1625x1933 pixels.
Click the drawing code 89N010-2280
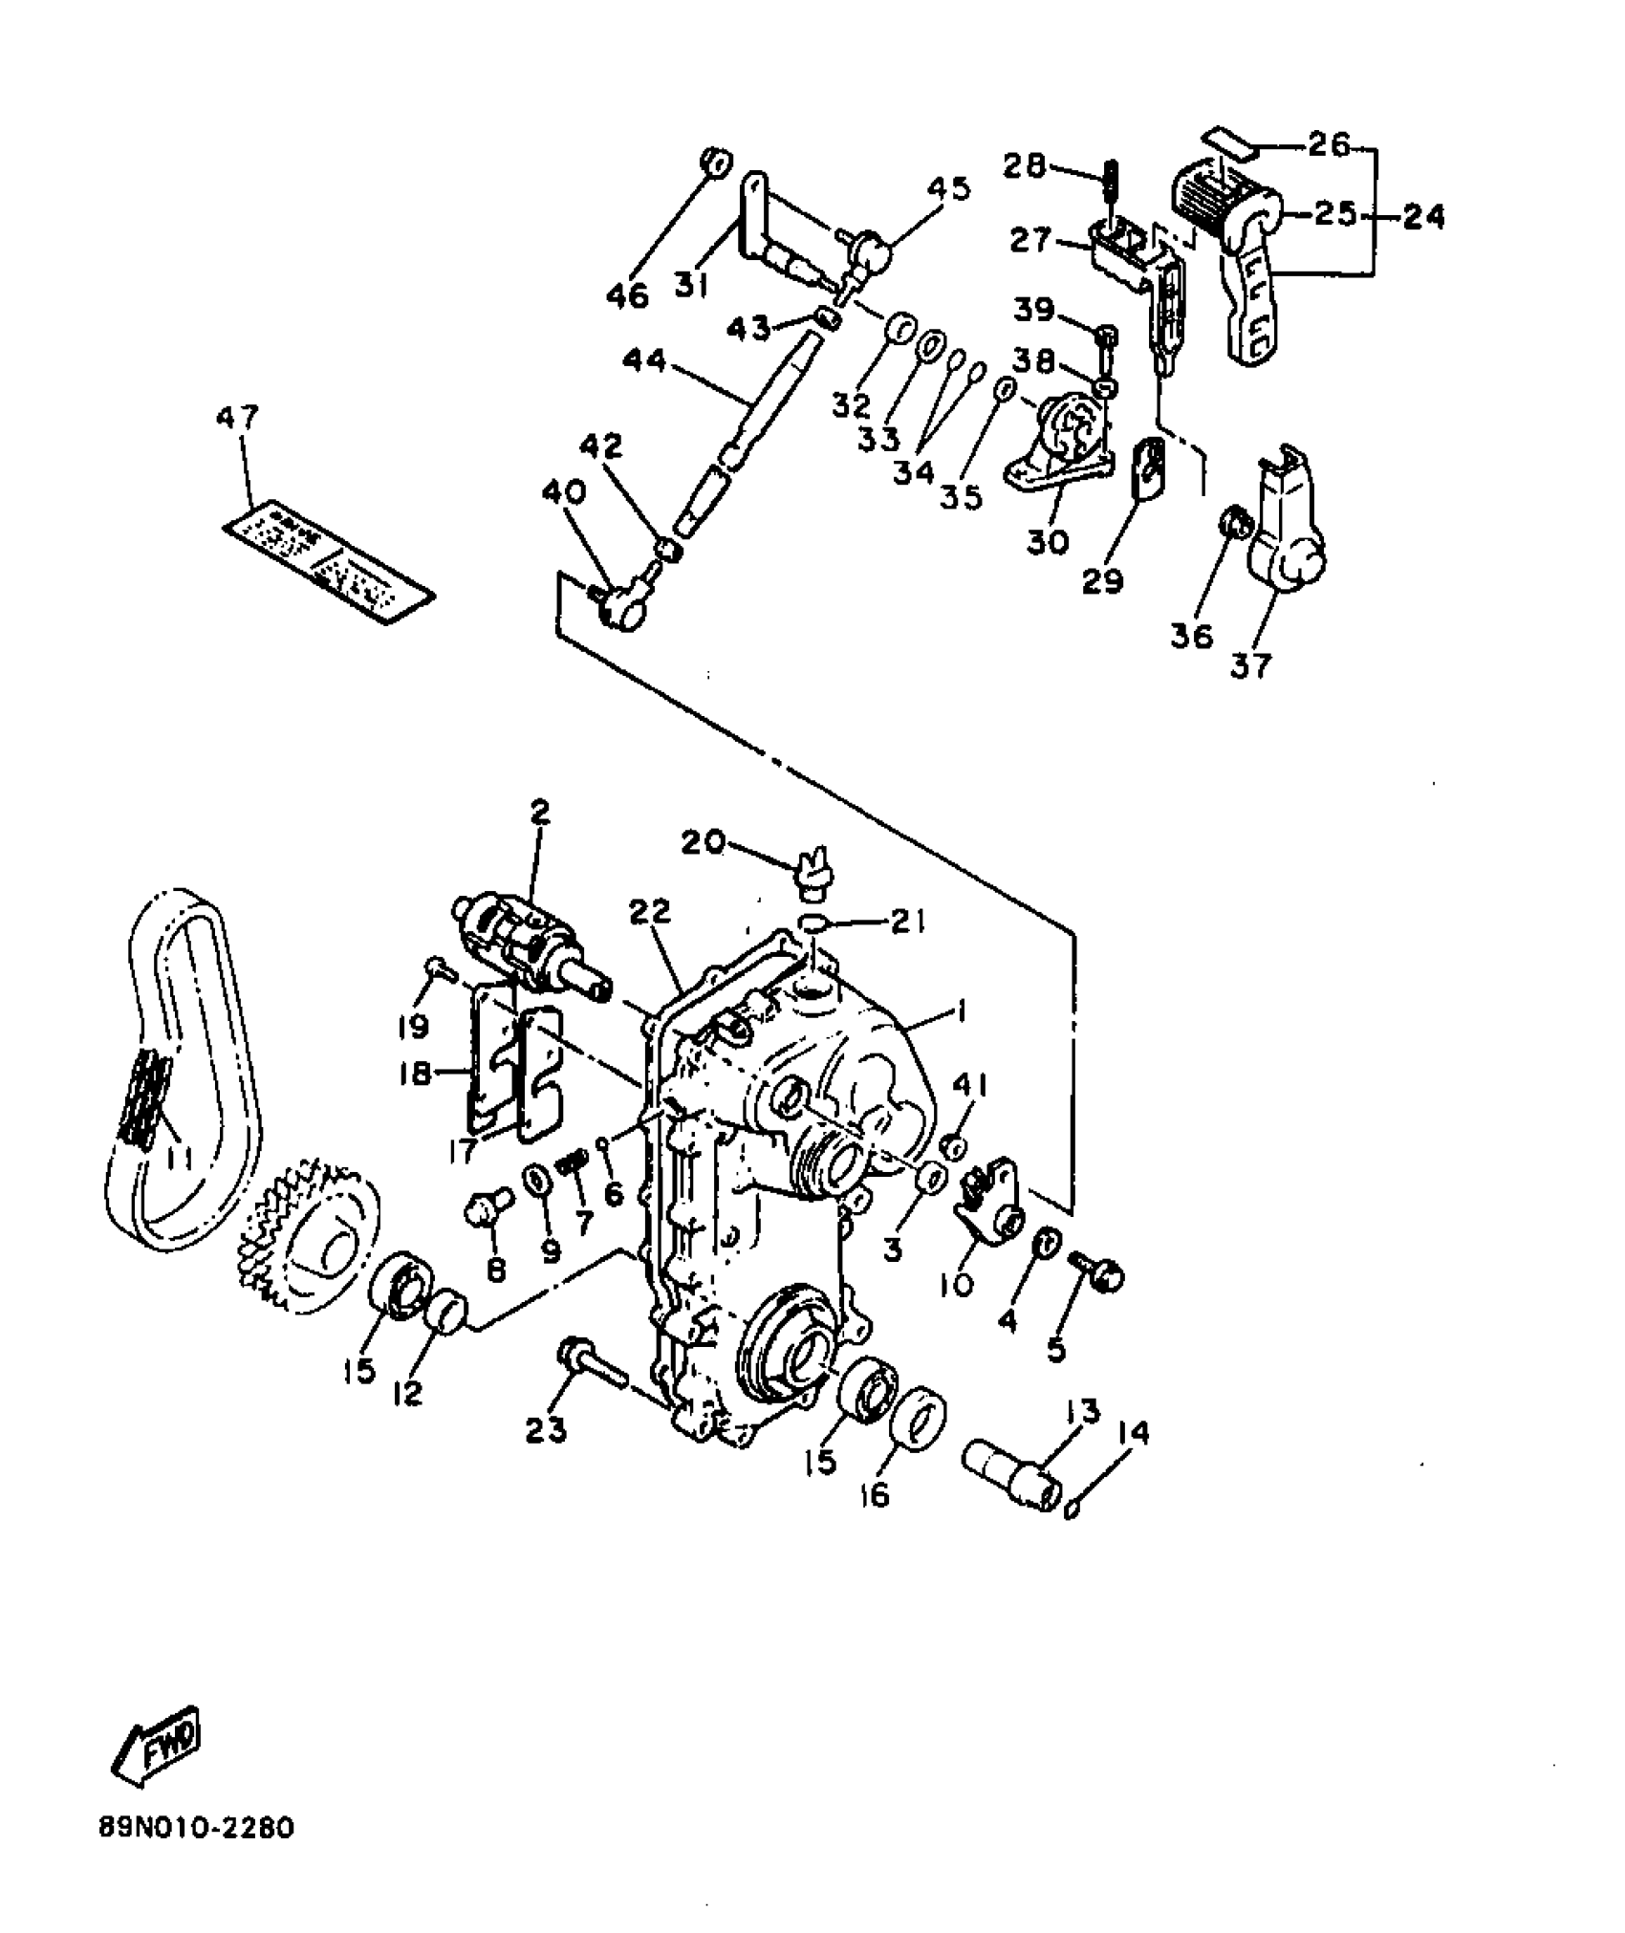tap(196, 1829)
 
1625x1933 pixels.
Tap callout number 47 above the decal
tap(238, 420)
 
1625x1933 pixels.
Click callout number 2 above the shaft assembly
tap(540, 813)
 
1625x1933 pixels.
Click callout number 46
tap(627, 296)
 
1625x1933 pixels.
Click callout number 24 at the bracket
tap(1423, 219)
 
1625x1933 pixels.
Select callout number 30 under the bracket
tap(1048, 542)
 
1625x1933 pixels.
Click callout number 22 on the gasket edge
tap(651, 912)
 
